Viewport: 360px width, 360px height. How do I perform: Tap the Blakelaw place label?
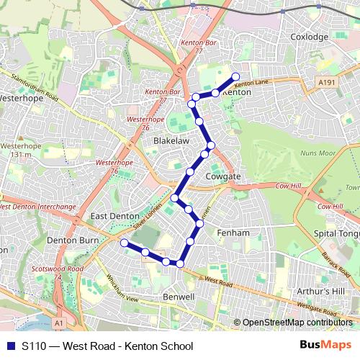(171, 142)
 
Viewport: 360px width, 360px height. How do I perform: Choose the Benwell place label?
(179, 296)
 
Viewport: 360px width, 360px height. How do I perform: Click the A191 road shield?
(328, 84)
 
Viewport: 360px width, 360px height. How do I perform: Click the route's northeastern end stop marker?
(235, 77)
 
